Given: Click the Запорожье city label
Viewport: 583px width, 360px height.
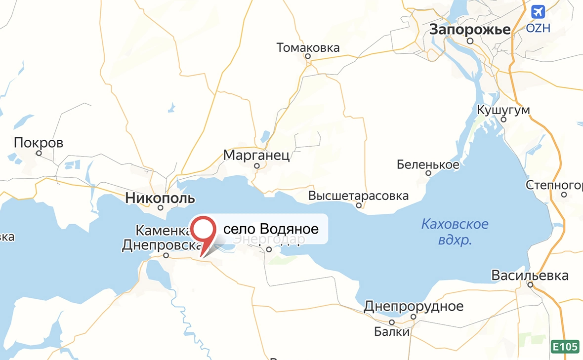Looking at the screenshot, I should (469, 30).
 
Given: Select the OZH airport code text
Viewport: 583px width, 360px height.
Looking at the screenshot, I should (538, 28).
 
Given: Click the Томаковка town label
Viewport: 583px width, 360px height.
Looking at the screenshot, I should (308, 48).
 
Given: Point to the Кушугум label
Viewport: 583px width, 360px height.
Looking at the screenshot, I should (503, 110).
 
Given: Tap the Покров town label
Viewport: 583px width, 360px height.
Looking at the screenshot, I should (39, 143).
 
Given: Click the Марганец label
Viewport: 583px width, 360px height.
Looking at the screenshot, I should (256, 156).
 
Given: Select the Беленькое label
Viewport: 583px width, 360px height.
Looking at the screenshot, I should (428, 164).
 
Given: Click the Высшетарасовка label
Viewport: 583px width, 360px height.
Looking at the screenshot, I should (358, 196).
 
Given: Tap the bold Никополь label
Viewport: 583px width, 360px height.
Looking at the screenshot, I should (160, 199).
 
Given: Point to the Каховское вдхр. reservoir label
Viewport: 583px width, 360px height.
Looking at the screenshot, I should (455, 232).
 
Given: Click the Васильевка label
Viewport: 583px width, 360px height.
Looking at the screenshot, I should (530, 276).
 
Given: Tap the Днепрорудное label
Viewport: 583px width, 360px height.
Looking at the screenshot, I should (414, 306).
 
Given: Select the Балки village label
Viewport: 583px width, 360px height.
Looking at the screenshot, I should (392, 331).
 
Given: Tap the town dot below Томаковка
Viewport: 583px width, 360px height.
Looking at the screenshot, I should (308, 57).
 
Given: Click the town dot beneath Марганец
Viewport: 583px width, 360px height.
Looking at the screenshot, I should (256, 166).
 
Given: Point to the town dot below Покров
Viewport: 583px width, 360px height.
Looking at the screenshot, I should (39, 153).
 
